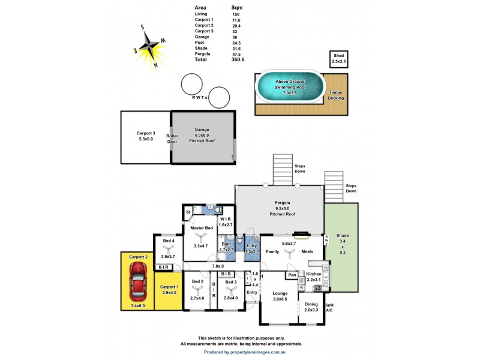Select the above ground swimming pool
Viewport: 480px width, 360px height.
point(290,87)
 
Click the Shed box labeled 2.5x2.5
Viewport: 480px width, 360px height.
point(338,59)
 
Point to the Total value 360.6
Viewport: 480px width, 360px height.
point(238,60)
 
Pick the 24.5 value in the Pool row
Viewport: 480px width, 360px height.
point(236,43)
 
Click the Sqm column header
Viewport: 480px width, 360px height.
point(237,8)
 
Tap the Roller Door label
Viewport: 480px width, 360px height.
point(172,139)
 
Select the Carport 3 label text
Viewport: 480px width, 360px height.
point(146,133)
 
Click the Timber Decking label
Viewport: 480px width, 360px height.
point(335,95)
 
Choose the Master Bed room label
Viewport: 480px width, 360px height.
point(202,228)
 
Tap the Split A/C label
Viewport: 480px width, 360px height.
point(329,307)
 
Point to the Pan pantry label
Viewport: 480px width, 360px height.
point(293,275)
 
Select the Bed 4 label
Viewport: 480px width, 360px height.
point(168,241)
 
